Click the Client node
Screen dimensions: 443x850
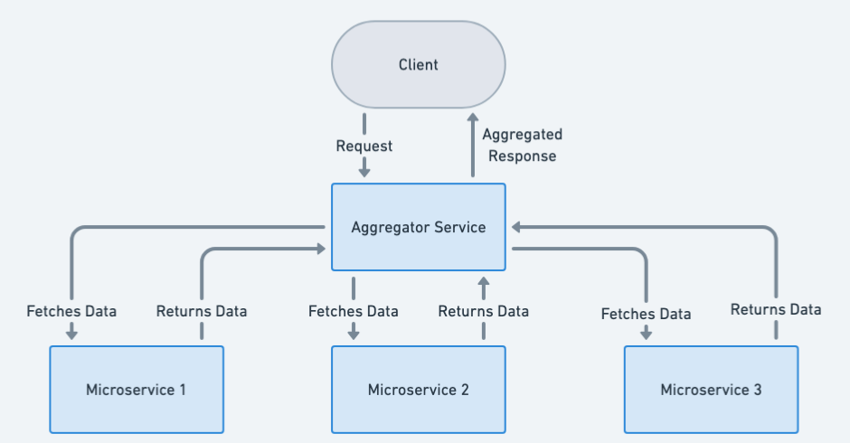pos(418,65)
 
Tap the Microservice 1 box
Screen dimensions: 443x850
pos(137,390)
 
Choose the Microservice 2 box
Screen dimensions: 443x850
pos(418,390)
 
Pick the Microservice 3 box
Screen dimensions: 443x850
pos(711,390)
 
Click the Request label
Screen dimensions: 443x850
pos(364,146)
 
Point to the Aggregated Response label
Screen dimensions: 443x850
pos(522,145)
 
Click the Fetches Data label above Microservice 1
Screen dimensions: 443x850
pos(71,311)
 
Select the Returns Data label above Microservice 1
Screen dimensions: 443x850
pos(202,311)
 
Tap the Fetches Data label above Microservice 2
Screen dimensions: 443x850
pos(354,311)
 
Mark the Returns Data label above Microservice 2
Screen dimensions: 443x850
pos(484,311)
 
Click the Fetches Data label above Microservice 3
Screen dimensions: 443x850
pos(647,314)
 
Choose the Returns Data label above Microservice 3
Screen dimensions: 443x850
pos(776,309)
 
